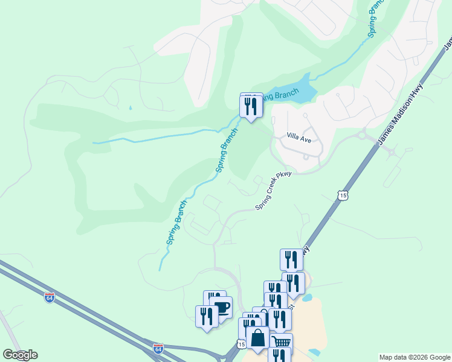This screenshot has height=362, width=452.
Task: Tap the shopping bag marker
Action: click(x=258, y=338)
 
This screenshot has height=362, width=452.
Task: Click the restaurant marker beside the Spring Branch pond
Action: click(x=251, y=107)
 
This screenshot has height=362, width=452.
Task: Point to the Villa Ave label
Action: click(x=298, y=139)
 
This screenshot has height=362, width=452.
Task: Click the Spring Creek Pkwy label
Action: click(x=273, y=191)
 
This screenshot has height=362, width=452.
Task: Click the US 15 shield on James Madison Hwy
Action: click(x=343, y=195)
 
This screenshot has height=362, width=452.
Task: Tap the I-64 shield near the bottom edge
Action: click(x=158, y=349)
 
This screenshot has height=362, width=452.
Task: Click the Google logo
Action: click(x=20, y=355)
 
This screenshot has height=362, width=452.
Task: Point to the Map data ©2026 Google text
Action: click(x=415, y=357)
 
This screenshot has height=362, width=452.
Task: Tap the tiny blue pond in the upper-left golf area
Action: click(x=130, y=108)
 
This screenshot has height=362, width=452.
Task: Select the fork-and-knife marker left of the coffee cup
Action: click(x=207, y=316)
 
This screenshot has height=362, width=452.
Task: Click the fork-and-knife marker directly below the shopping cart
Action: click(x=279, y=356)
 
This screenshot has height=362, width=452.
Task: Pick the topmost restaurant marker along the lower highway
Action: click(x=292, y=259)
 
